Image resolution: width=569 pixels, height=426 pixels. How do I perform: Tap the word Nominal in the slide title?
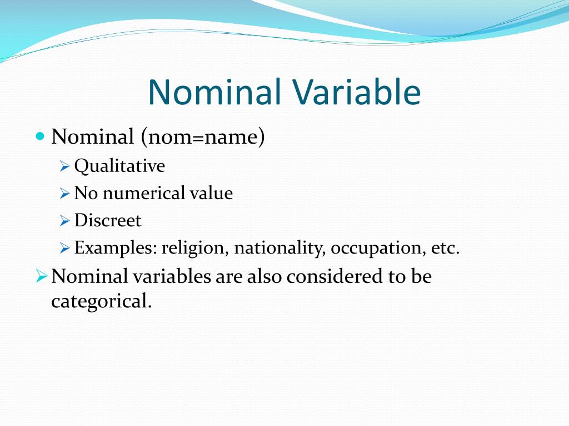[214, 93]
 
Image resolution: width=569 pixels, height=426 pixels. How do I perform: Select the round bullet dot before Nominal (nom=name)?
[39, 136]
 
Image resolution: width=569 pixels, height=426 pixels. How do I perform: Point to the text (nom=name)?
[203, 136]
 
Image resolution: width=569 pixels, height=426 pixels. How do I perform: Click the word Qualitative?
[119, 166]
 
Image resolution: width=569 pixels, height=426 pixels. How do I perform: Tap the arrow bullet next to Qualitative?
[64, 166]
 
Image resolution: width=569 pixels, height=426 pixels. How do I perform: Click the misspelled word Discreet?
[108, 220]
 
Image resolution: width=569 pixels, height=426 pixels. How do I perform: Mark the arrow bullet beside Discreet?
[64, 221]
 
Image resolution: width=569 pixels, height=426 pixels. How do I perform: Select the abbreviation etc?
[445, 247]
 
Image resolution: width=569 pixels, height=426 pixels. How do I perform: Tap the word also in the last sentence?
[265, 276]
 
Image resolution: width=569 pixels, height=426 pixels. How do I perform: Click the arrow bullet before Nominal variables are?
[42, 275]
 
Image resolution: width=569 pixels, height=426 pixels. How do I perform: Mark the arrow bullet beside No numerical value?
[64, 194]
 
